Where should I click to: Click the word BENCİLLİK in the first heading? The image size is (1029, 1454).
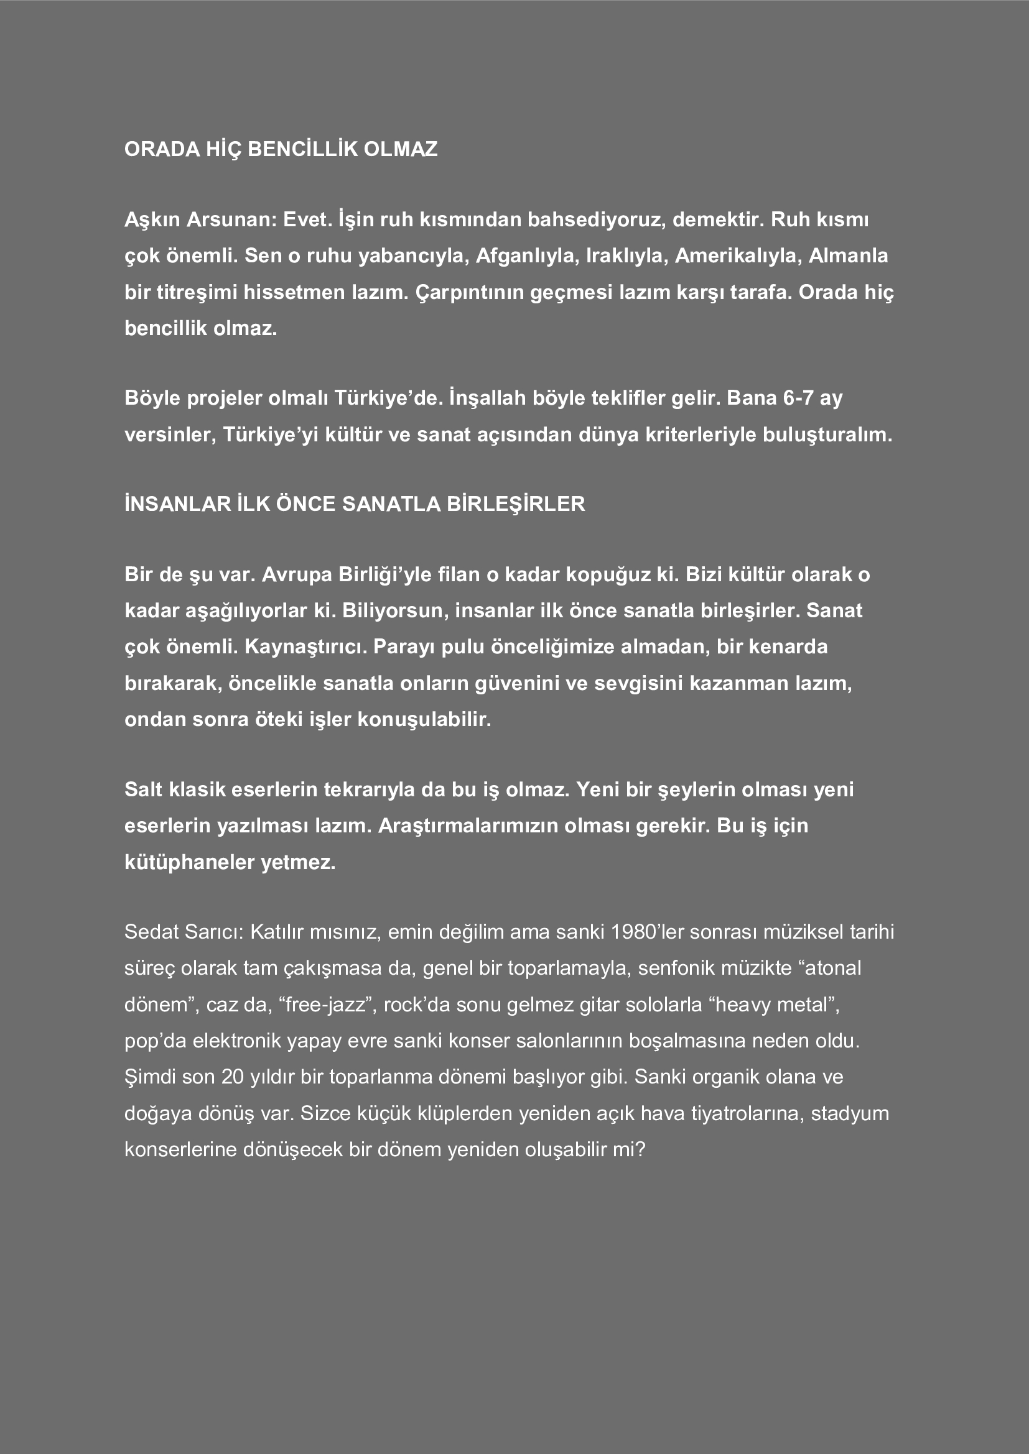302,149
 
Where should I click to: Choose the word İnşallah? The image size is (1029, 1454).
487,398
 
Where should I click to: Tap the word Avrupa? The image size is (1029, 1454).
297,574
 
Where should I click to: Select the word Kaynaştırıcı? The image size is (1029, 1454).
305,646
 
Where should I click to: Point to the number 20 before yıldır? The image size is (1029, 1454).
233,1077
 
